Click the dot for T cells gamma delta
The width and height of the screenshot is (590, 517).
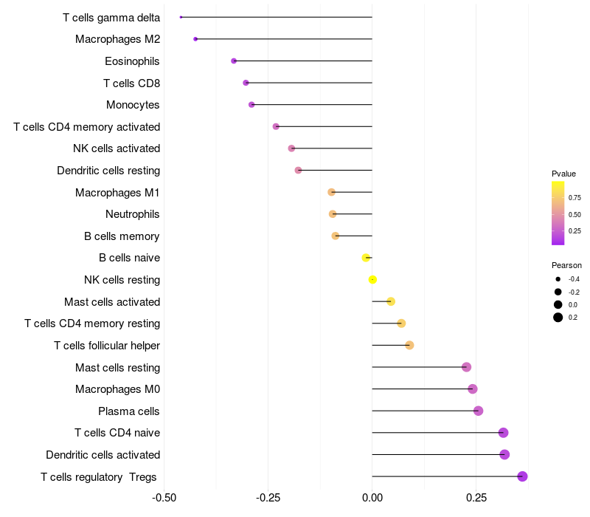[x=181, y=17]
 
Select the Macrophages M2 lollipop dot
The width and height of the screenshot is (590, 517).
[x=195, y=39]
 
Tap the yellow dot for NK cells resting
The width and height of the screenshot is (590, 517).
[x=372, y=280]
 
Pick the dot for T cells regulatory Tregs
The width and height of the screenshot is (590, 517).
[x=522, y=476]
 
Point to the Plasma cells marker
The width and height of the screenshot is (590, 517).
[x=478, y=411]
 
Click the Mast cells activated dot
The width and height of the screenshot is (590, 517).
[x=391, y=301]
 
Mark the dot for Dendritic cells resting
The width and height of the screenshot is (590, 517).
[x=298, y=171]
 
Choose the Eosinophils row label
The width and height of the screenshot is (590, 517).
[x=132, y=61]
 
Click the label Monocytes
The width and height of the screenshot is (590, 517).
[x=133, y=105]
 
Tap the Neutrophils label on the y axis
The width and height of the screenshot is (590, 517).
[x=133, y=214]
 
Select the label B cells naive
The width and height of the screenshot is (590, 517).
[x=130, y=258]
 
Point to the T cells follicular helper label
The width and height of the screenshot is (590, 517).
[x=107, y=346]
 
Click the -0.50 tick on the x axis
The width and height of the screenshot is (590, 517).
[x=164, y=498]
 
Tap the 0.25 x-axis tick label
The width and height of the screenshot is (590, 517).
[x=476, y=498]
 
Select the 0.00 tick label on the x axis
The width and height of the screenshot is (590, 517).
[x=372, y=498]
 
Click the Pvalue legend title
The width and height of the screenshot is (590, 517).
[x=563, y=174]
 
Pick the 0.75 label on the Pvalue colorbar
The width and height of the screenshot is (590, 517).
[x=575, y=198]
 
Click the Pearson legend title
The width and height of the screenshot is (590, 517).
[x=566, y=265]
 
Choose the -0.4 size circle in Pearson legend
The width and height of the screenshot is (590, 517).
[x=558, y=279]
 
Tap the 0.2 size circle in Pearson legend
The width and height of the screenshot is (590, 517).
[x=558, y=318]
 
